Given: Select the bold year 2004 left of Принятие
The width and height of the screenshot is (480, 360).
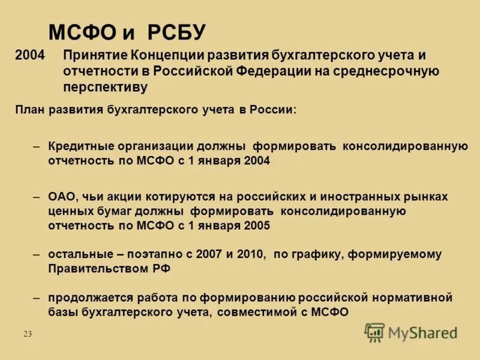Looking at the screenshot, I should (30, 56).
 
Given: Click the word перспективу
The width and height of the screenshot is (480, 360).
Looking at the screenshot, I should (106, 87).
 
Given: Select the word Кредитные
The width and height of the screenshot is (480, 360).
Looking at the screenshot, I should (83, 146).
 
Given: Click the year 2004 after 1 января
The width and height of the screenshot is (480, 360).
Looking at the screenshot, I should (257, 161).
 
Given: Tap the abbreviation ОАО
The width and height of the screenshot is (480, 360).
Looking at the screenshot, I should (62, 196).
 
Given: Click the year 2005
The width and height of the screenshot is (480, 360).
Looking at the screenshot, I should (257, 226).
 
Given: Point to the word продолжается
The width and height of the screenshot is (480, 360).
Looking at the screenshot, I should (85, 298).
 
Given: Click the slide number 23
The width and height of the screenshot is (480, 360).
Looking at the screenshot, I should (28, 334).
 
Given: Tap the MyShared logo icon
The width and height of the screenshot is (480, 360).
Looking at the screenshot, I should (374, 332).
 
